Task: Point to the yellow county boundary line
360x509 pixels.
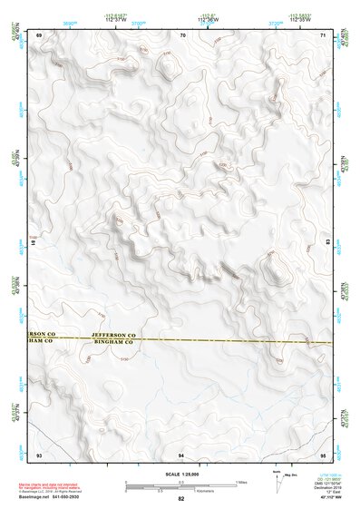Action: [227, 341]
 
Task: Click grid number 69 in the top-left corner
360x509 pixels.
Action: [39, 34]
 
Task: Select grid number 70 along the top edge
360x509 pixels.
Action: [182, 34]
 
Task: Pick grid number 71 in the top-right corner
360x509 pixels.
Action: [325, 34]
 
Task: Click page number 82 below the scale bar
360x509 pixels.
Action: [181, 499]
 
